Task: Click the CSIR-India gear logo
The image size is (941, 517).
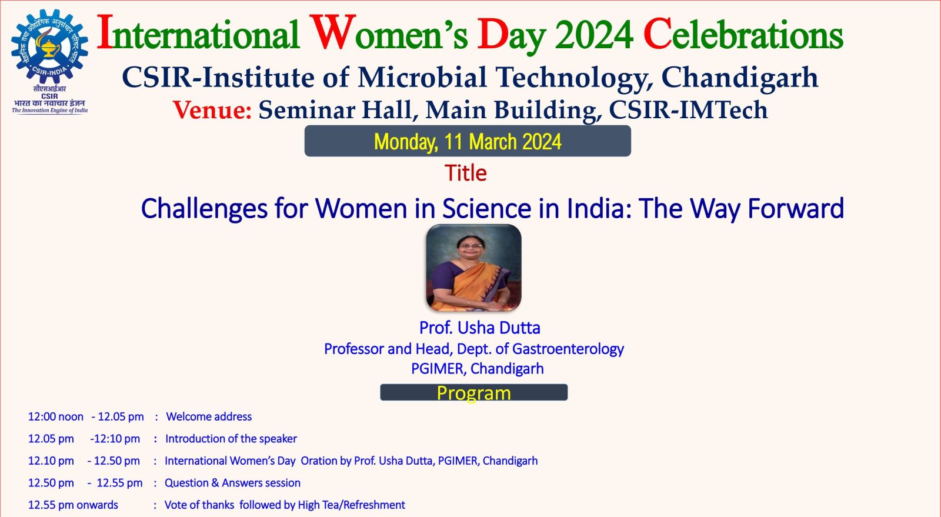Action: (49, 46)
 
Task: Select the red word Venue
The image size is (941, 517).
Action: (212, 110)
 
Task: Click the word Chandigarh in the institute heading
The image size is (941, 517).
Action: (739, 78)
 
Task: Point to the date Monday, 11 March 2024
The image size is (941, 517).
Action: (468, 142)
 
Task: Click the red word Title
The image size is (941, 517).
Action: (465, 173)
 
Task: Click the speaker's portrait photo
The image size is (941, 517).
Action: (473, 268)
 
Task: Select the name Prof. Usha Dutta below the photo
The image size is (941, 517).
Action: (479, 328)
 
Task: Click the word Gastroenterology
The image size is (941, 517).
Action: (568, 349)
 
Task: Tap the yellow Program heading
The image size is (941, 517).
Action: (473, 393)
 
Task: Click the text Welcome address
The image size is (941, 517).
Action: (209, 416)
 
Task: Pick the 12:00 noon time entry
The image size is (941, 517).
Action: (56, 416)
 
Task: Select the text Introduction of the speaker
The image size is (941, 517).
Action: (231, 439)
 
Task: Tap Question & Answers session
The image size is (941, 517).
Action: (232, 483)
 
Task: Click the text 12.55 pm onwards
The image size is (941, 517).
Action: (73, 505)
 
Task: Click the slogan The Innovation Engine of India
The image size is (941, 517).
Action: (49, 111)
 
